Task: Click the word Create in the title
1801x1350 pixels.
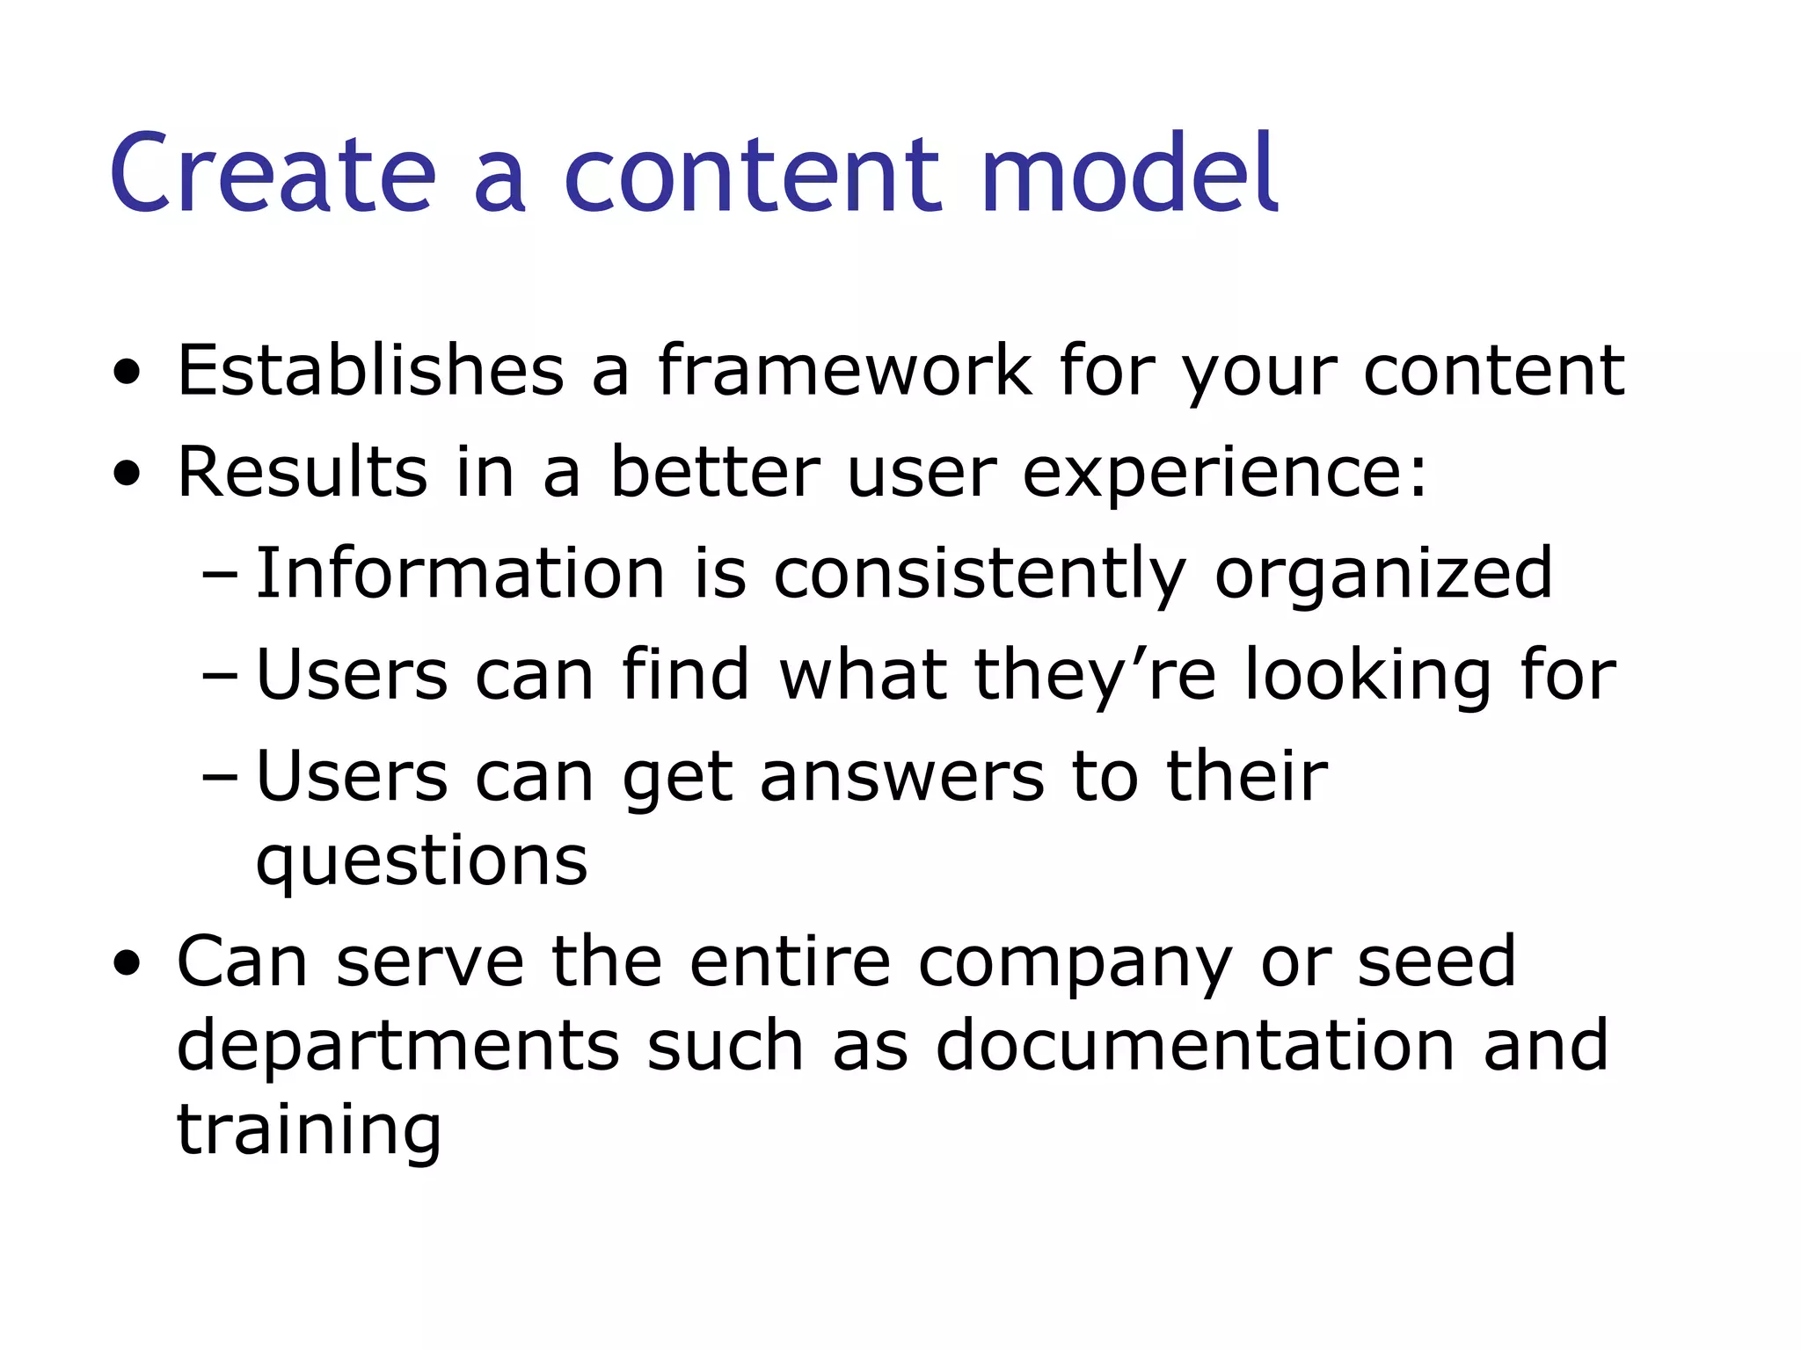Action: coord(273,173)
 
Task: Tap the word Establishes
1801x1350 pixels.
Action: coord(370,370)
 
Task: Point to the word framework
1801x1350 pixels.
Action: coord(844,370)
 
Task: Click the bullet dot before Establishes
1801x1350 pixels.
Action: coord(128,374)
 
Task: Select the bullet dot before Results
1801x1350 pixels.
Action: coord(128,475)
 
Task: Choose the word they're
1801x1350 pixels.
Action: coord(1095,675)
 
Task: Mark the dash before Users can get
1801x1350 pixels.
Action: coord(220,779)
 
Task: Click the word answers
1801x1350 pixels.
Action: coord(902,778)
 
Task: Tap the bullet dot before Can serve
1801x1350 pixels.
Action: coord(128,965)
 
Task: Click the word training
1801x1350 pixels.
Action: coord(309,1130)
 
